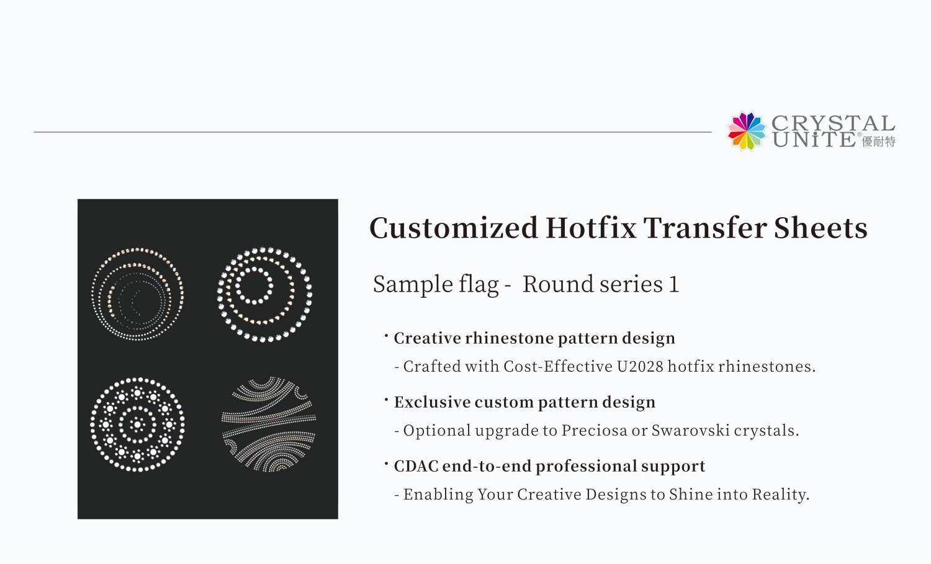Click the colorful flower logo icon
747,131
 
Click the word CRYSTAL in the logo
833,123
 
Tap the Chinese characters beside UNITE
879,141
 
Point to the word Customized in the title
454,228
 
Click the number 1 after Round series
673,284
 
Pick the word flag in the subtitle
478,285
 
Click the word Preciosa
594,431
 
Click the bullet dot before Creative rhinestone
386,336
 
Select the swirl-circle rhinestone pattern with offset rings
138,294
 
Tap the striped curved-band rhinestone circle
269,424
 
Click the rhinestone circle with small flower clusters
138,424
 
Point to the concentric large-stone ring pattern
264,294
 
